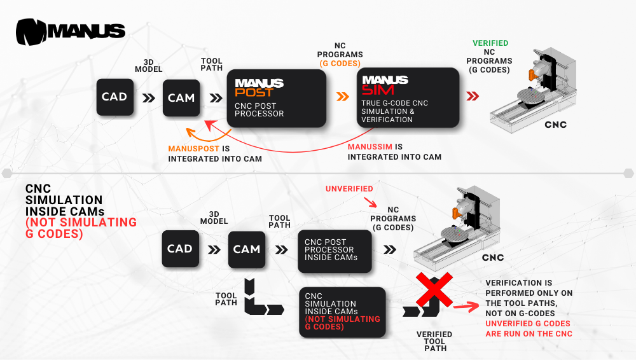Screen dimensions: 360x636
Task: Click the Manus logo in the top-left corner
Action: pos(70,31)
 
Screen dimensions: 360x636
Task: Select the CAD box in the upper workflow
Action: pos(115,97)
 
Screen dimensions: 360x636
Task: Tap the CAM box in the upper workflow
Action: pos(181,97)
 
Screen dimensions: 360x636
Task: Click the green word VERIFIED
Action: pos(490,43)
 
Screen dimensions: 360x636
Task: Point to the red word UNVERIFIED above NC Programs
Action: pos(349,189)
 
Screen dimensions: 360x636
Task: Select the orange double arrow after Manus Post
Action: pos(343,97)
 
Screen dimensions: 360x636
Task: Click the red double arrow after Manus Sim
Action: pos(473,97)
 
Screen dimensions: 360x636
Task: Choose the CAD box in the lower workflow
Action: pos(180,249)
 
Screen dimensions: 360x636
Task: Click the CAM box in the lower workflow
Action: pos(246,249)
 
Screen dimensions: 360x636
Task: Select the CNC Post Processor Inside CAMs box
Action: pos(335,251)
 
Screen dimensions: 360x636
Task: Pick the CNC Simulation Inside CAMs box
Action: pos(342,311)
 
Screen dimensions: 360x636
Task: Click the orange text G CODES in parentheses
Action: pos(340,64)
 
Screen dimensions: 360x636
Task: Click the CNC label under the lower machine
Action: pos(492,258)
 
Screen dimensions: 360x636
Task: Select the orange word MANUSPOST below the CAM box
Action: pos(193,148)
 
